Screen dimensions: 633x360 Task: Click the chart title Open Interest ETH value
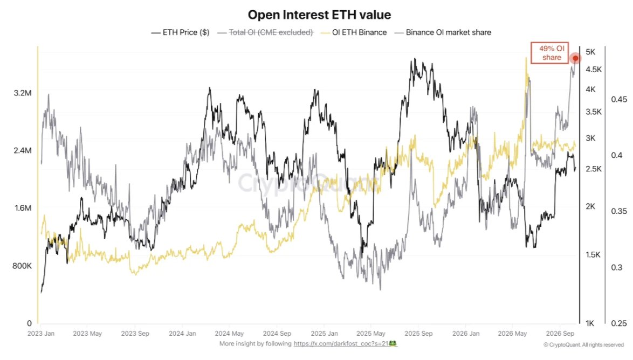[x=319, y=15]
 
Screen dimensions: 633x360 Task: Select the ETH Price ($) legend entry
[x=181, y=32]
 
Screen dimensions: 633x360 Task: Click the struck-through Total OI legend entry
[x=265, y=32]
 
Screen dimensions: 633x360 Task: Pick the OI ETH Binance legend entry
[x=354, y=32]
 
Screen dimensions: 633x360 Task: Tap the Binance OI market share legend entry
[x=443, y=32]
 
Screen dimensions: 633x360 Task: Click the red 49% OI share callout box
[x=549, y=53]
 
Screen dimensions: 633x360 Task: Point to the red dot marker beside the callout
[x=575, y=58]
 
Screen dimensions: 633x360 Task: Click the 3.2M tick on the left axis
[x=23, y=93]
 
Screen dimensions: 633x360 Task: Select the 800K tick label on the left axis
[x=22, y=266]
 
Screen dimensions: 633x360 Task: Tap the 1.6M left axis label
[x=23, y=208]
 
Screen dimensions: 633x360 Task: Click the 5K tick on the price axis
[x=590, y=52]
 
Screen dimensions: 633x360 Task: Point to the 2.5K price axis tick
[x=594, y=169]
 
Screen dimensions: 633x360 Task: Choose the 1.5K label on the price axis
[x=593, y=255]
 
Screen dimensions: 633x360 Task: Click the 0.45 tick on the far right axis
[x=619, y=99]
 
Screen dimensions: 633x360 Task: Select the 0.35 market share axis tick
[x=619, y=211]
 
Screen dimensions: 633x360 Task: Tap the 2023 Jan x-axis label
[x=41, y=334]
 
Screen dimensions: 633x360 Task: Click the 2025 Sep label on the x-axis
[x=418, y=334]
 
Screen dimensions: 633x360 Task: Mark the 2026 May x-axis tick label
[x=512, y=334]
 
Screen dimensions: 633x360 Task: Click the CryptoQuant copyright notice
[x=584, y=345]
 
